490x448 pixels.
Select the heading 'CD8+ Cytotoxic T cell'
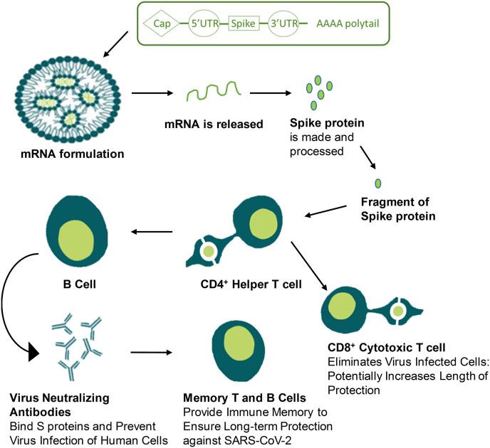385,347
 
